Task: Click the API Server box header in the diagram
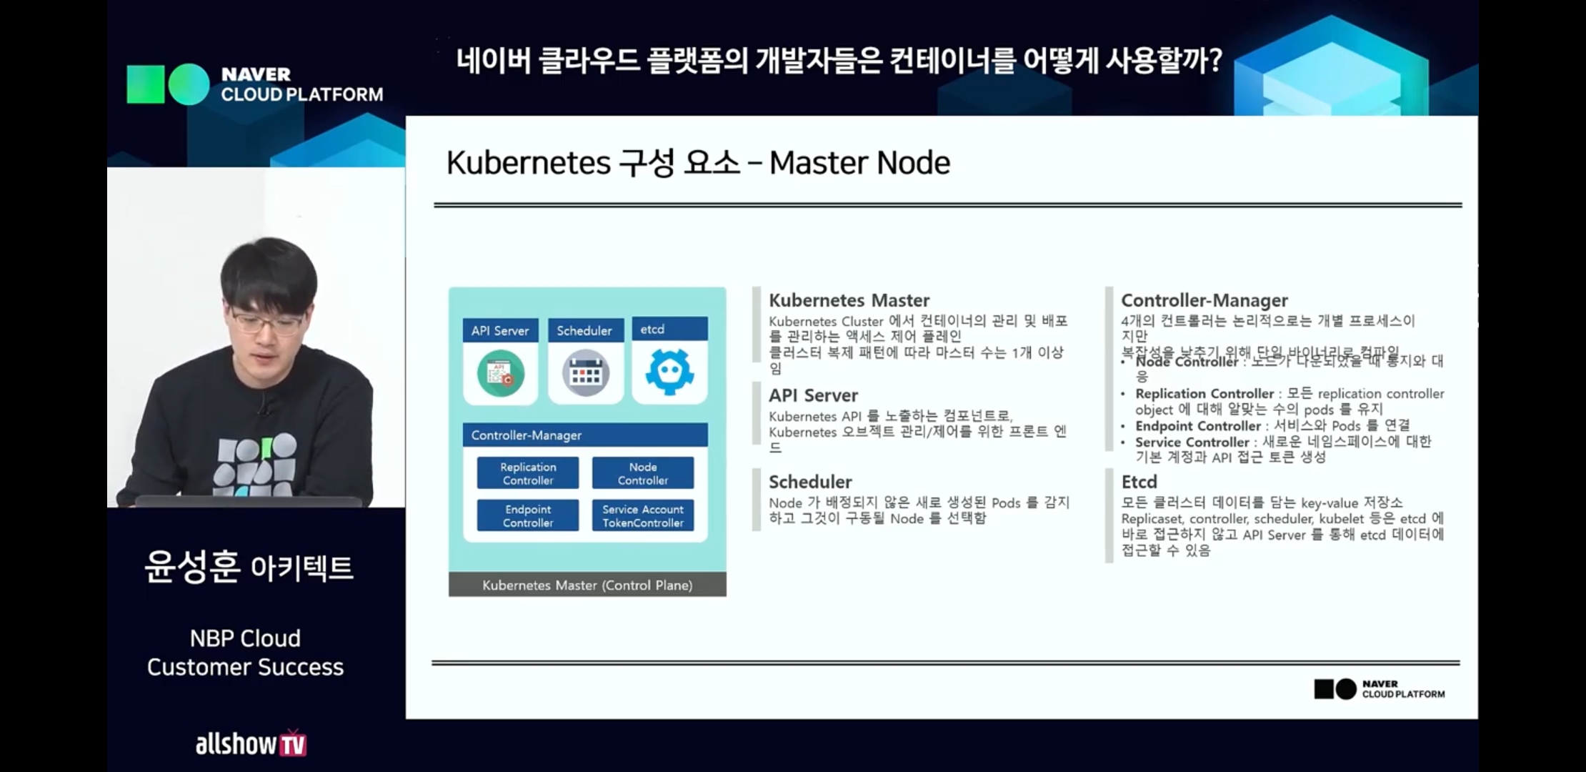(x=500, y=330)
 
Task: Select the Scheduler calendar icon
(x=585, y=373)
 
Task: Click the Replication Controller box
(x=528, y=473)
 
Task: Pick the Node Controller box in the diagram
(x=643, y=473)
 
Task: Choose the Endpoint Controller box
(x=528, y=515)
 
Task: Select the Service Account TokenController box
(x=643, y=515)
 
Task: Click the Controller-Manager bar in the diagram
(x=585, y=435)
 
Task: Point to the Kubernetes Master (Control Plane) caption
(x=587, y=585)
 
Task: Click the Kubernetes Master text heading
(x=849, y=300)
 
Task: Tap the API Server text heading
(x=813, y=395)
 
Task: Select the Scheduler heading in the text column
(x=810, y=482)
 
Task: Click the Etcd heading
(x=1139, y=482)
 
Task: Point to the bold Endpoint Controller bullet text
(x=1198, y=426)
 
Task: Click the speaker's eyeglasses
(x=266, y=322)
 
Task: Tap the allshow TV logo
(x=251, y=743)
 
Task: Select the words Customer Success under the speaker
(x=245, y=667)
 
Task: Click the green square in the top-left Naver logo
(x=146, y=84)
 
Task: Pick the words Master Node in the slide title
(x=859, y=163)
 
